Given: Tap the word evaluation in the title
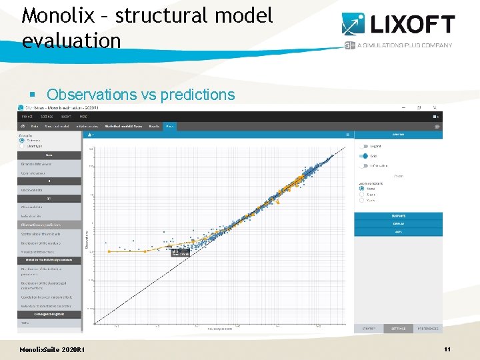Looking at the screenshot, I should point(71,41).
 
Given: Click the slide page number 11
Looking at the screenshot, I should point(447,349).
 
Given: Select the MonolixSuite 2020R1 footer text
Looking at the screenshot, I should point(51,350).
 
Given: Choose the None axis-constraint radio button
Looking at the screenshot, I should point(362,188).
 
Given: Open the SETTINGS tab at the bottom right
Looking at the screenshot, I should point(399,329).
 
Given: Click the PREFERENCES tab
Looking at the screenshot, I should point(428,329).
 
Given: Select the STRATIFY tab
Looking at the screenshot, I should point(369,329).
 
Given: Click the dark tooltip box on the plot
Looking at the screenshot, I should point(181,252).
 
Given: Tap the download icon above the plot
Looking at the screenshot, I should point(89,134).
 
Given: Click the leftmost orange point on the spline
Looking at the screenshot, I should point(110,251).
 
